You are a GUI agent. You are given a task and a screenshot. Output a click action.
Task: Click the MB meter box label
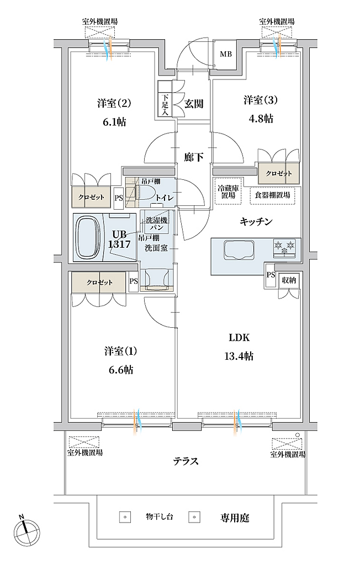pos(226,55)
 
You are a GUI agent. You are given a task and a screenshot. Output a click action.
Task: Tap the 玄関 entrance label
pos(194,104)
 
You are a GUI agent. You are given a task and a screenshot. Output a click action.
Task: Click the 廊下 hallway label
pos(194,157)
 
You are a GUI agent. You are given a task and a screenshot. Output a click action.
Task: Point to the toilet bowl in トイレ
pos(148,193)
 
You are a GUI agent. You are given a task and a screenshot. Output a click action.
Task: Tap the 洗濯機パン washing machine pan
pos(157,224)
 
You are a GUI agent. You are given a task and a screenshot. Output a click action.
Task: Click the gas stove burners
pos(284,248)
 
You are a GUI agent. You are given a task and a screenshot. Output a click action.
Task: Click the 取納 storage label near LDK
pos(289,280)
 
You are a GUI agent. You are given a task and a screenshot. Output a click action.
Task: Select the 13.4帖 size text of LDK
pos(239,356)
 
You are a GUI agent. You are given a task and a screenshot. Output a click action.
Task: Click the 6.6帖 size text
pos(118,370)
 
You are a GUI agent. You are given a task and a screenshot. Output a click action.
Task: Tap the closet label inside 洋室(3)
pos(279,173)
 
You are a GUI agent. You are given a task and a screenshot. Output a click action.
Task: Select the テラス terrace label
pos(186,461)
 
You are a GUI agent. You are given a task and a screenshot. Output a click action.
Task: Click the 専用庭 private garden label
pos(235,518)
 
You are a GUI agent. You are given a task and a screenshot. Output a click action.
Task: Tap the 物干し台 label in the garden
pos(160,516)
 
